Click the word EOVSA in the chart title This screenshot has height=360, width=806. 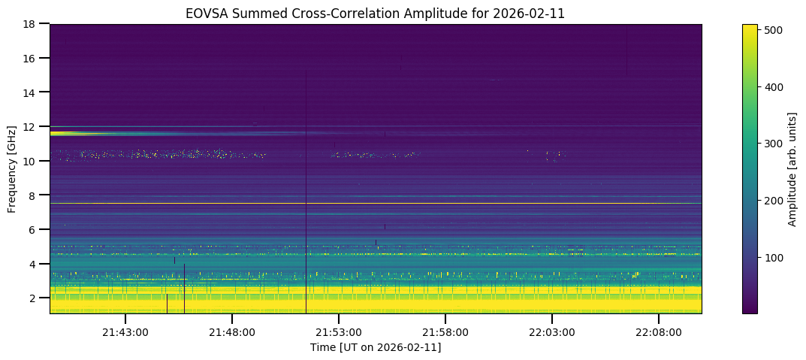click(204, 13)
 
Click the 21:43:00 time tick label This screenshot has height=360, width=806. click(125, 332)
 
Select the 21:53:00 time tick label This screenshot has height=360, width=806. click(339, 332)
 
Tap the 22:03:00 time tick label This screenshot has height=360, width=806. click(552, 332)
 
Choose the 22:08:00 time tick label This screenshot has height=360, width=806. click(659, 332)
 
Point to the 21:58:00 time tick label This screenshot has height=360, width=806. click(445, 332)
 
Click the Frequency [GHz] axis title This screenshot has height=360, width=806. click(13, 168)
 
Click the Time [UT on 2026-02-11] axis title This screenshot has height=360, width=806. click(376, 347)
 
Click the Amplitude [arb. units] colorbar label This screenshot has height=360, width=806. click(792, 168)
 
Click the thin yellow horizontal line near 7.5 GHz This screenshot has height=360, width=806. click(451, 203)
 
